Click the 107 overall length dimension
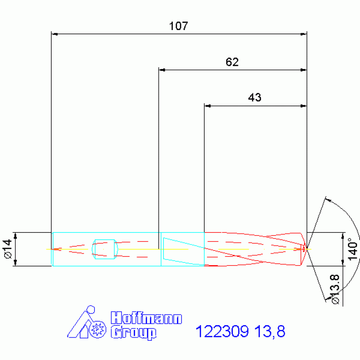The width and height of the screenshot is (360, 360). point(179,26)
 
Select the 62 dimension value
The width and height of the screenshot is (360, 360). point(232,62)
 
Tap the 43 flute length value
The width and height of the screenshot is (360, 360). point(254,98)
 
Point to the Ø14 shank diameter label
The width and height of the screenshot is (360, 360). point(8,249)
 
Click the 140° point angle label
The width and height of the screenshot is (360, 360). point(353,249)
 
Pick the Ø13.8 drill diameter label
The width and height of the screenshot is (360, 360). point(335,289)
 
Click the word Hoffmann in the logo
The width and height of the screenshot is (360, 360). point(146,318)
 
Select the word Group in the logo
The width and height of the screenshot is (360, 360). point(134,333)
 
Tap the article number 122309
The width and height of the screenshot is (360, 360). point(222,331)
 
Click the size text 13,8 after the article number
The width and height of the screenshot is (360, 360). point(270,331)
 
